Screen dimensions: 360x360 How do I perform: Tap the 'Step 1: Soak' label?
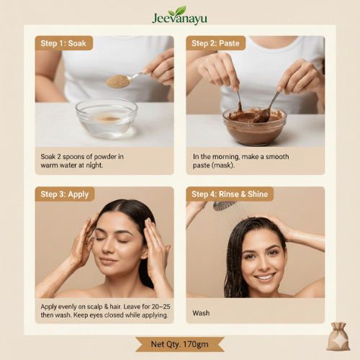click(63, 43)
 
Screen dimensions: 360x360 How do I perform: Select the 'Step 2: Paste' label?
click(215, 43)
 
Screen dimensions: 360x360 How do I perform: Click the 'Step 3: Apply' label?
click(65, 194)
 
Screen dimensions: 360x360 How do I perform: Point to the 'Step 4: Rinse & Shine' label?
click(230, 194)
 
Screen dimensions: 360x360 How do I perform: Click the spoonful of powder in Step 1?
click(118, 81)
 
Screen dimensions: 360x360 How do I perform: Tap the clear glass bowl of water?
click(107, 118)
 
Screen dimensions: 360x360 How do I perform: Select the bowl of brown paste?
click(255, 125)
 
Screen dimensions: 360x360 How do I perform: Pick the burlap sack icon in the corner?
click(338, 336)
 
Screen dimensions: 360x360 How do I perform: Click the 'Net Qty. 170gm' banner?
click(180, 344)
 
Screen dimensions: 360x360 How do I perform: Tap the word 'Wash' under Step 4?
click(201, 313)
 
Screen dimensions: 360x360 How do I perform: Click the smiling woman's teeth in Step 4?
click(264, 277)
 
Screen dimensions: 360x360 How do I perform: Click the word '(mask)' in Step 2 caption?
click(222, 166)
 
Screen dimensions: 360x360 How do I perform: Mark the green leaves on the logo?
click(177, 11)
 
